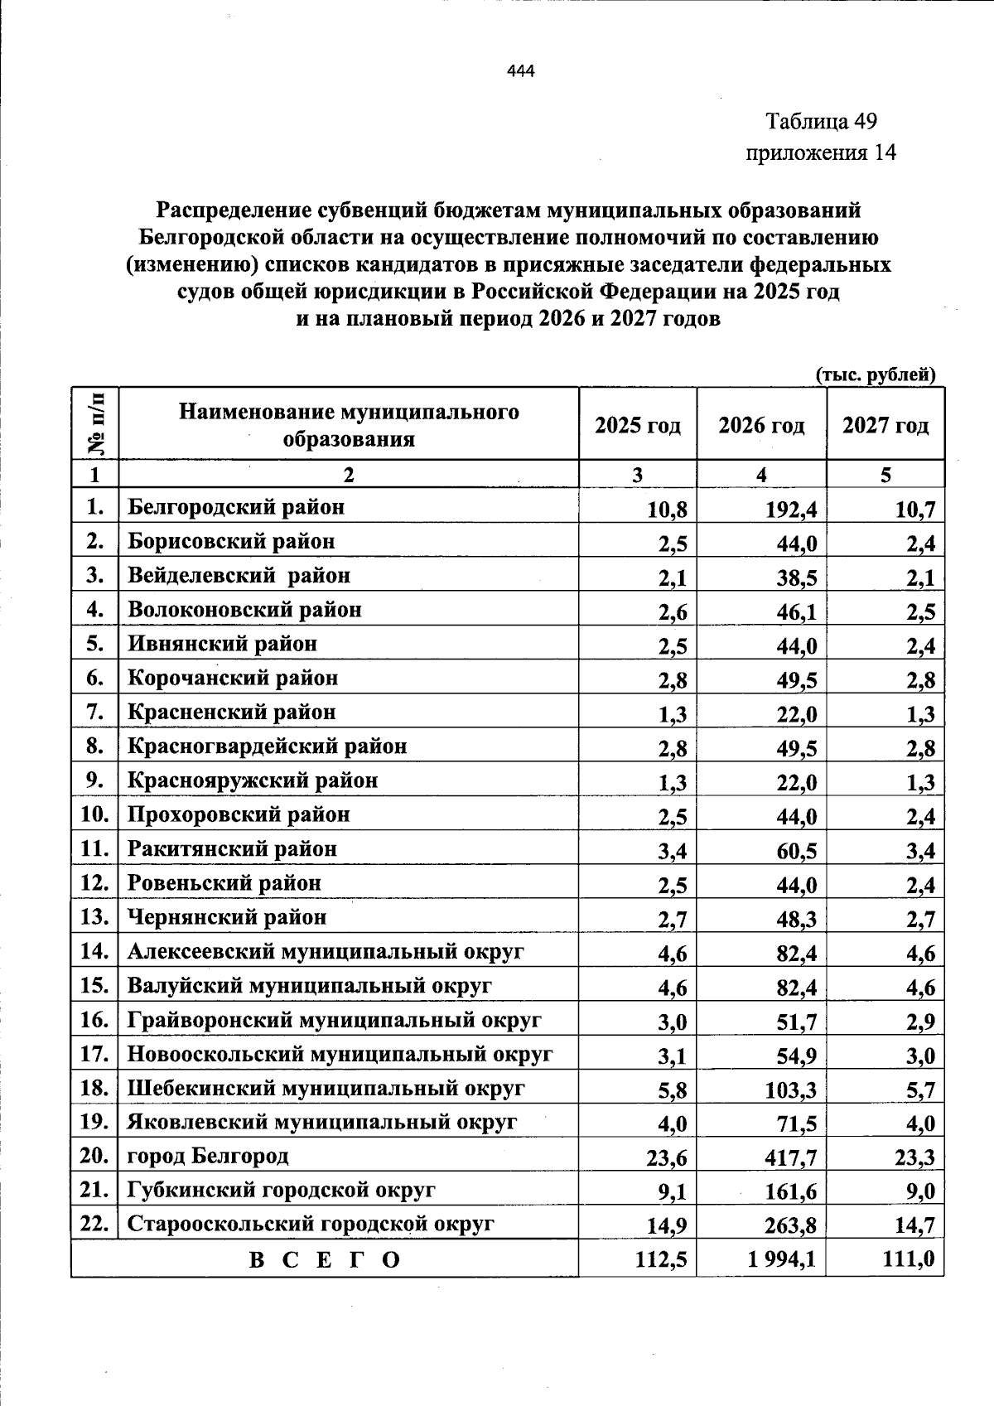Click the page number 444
tap(521, 71)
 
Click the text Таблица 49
tap(820, 122)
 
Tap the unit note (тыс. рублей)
tap(876, 374)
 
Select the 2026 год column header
tap(760, 426)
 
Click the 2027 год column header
tap(885, 426)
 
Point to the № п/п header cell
tap(95, 423)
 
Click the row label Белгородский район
tap(236, 506)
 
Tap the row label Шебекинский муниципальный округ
tap(326, 1088)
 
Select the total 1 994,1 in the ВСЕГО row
tap(781, 1260)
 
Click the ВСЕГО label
tap(325, 1260)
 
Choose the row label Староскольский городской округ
tap(311, 1224)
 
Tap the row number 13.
tap(94, 917)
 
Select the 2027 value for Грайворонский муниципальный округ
tap(920, 1022)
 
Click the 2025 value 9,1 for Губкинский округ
tap(672, 1192)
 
